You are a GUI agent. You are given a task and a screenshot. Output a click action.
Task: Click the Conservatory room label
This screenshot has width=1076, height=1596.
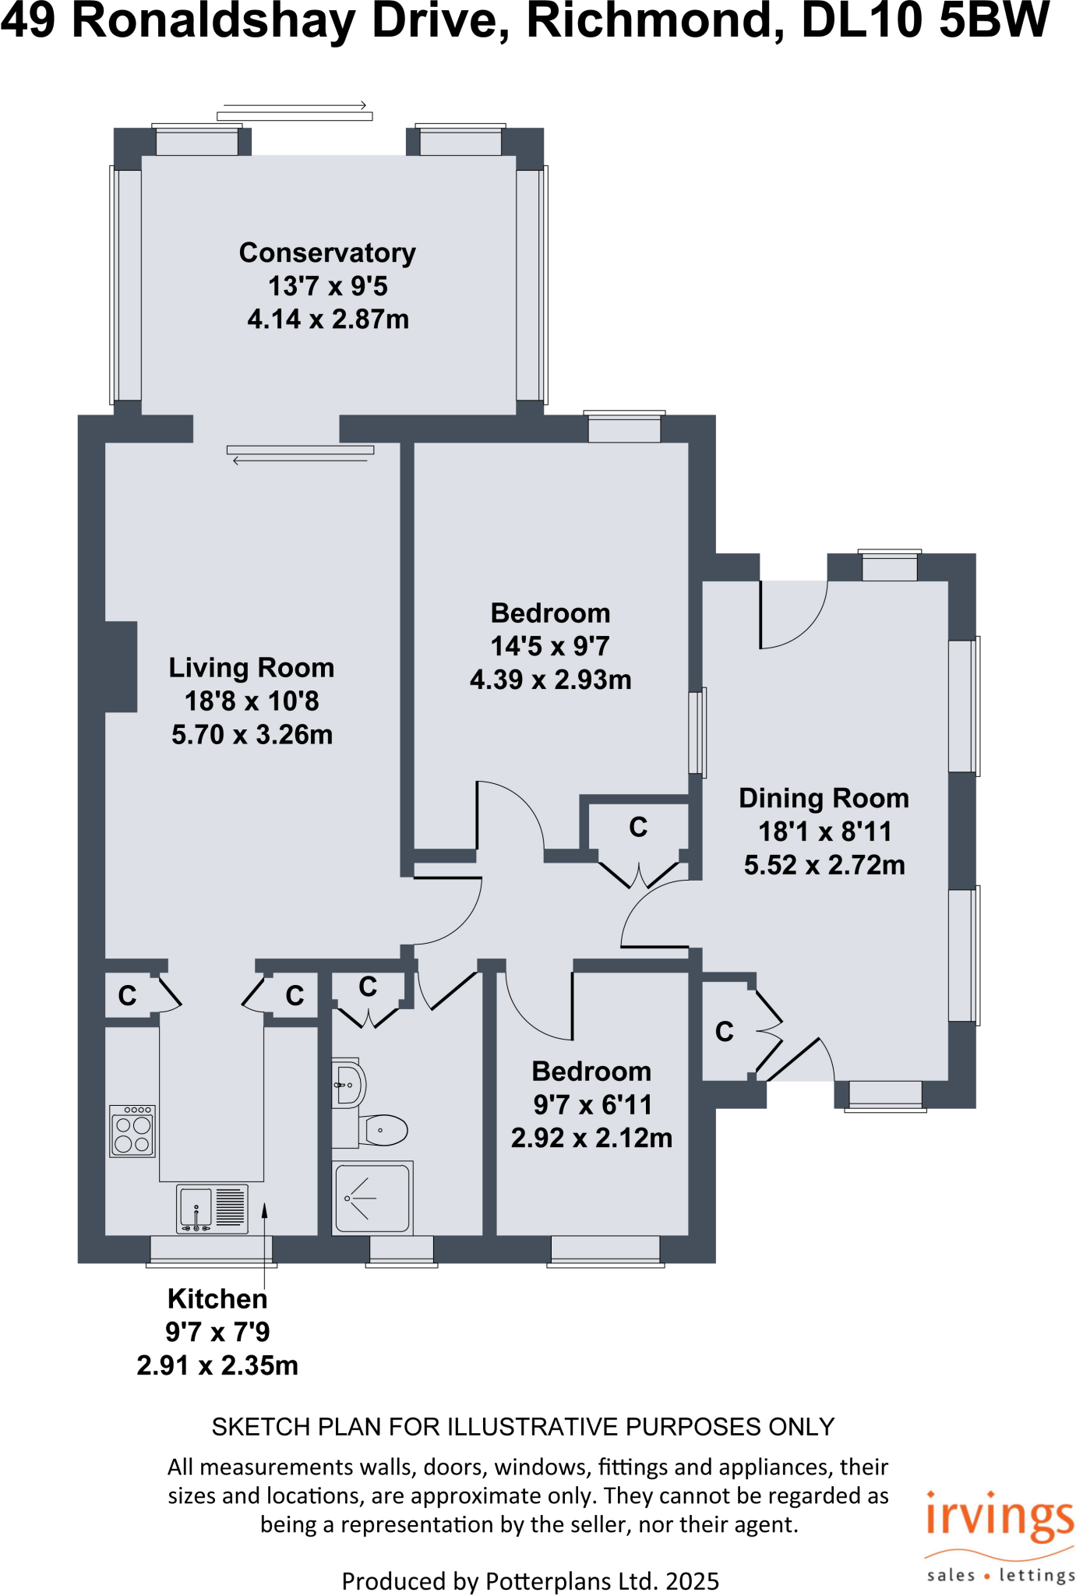(x=327, y=253)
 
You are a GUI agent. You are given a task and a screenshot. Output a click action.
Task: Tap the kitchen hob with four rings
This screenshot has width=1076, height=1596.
(x=132, y=1132)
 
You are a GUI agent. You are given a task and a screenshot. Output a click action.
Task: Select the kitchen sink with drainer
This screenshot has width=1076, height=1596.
(x=212, y=1209)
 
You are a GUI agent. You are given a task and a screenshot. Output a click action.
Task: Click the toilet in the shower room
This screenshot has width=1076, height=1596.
(x=383, y=1129)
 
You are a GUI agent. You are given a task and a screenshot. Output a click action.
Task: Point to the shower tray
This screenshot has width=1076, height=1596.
(x=372, y=1199)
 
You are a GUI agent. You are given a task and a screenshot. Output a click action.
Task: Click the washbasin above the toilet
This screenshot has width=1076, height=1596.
(x=348, y=1084)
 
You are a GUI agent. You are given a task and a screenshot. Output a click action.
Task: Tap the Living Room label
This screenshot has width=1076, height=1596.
(x=251, y=668)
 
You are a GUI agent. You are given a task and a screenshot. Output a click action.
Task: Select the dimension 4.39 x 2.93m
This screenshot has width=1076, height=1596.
(x=550, y=680)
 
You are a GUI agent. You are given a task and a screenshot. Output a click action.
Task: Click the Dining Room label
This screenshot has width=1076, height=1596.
(x=824, y=798)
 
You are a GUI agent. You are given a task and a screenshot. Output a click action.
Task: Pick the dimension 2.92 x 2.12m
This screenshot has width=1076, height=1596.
(x=591, y=1138)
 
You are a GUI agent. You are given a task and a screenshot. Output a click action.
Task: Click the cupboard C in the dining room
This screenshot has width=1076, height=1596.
(x=725, y=1032)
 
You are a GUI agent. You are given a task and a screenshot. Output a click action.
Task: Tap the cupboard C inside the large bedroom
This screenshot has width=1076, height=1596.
(x=638, y=827)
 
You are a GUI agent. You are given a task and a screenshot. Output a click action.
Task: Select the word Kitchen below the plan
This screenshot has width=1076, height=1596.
(x=217, y=1299)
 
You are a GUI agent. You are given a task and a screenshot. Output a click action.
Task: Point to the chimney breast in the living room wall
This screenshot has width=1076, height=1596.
(x=121, y=666)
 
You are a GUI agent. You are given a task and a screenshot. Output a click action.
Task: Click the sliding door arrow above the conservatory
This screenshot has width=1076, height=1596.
(x=295, y=105)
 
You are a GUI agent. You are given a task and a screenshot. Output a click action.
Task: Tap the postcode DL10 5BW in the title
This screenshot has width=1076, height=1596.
(x=925, y=22)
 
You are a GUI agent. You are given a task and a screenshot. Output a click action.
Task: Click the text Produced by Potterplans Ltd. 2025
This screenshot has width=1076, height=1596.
(x=530, y=1581)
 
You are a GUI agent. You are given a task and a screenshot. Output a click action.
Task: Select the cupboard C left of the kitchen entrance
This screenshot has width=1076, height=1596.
(x=127, y=995)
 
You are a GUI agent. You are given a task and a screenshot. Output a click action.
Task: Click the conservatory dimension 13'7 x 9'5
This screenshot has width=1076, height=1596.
(x=327, y=286)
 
